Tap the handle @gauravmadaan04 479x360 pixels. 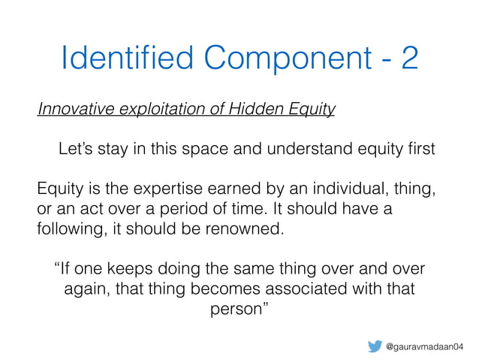(x=425, y=346)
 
